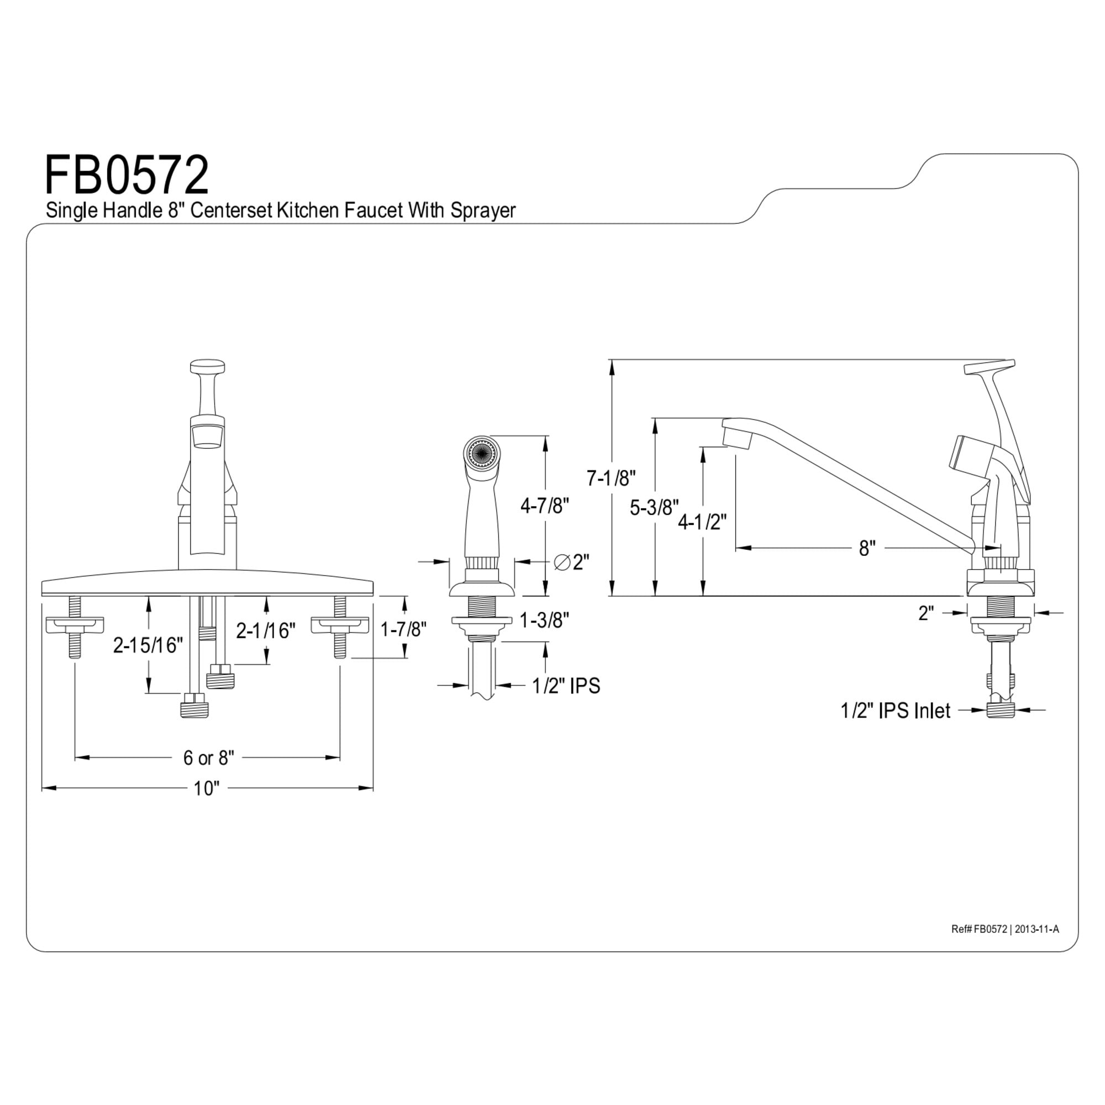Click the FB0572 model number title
[x=127, y=176]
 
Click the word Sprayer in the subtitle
[x=483, y=211]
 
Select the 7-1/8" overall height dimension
[x=611, y=477]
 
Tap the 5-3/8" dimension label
[x=654, y=507]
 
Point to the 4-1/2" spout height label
[x=702, y=521]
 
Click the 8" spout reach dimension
[x=867, y=549]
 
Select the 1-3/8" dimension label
[x=544, y=619]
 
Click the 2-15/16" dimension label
[x=148, y=645]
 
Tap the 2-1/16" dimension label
[x=266, y=631]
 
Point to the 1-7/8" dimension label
[x=404, y=629]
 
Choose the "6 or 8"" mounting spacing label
[x=209, y=758]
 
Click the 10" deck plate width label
[x=206, y=789]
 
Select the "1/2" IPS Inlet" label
[x=895, y=711]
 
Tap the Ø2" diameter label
[x=571, y=562]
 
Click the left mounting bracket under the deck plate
[x=75, y=624]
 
